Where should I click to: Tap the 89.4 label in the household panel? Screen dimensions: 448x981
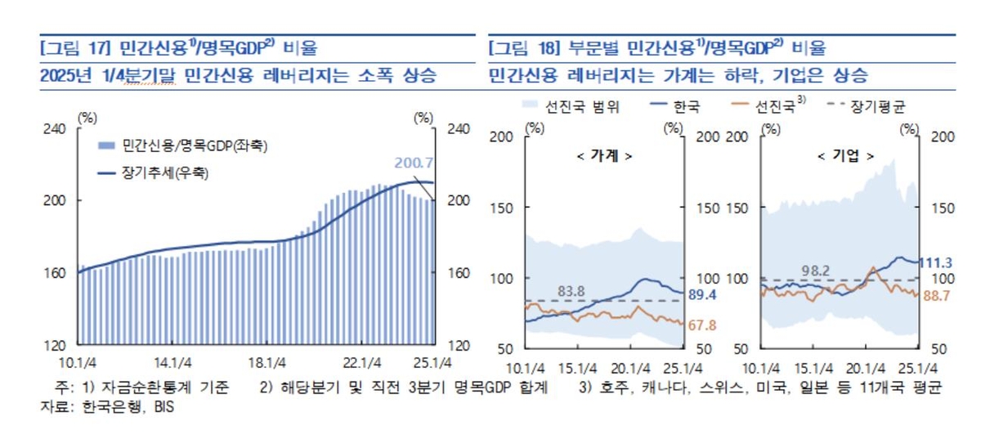click(704, 293)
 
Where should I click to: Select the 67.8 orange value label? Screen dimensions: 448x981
click(704, 325)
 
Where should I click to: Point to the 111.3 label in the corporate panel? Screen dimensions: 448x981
click(938, 262)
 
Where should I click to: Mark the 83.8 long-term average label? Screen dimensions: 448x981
click(571, 291)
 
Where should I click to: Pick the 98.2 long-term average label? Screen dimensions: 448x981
click(816, 271)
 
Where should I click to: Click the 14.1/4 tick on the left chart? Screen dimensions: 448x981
click(172, 362)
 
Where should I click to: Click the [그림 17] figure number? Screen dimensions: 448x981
click(75, 47)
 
